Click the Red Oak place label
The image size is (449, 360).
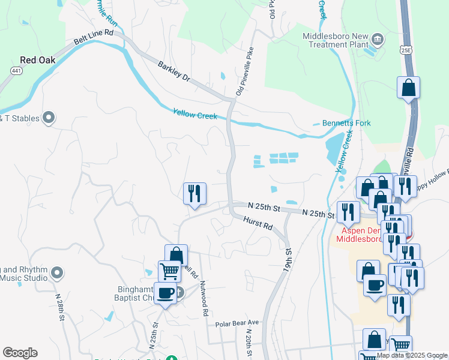coord(37,60)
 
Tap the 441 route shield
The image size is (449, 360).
coord(13,71)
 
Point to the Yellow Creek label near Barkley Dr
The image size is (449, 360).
coord(194,113)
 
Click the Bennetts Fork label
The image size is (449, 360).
coord(346,123)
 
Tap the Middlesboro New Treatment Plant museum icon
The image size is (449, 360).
coord(378,40)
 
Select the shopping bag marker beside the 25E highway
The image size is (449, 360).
coord(408,88)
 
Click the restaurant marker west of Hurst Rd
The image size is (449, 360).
coord(194,193)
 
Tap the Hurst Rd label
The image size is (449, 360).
coord(258,224)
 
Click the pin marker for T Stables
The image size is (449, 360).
coord(49,118)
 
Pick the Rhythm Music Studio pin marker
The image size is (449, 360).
coord(57,274)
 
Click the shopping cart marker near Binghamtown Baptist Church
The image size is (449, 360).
coord(169,271)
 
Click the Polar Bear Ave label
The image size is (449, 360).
coord(237,323)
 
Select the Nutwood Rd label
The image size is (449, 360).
coord(204,298)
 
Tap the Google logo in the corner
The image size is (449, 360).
coord(20,353)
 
